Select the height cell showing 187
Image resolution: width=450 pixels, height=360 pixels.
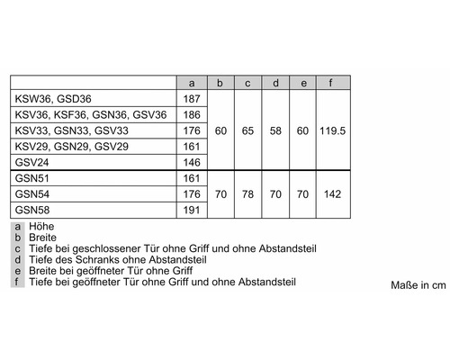(191, 98)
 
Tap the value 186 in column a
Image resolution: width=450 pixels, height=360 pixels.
(191, 114)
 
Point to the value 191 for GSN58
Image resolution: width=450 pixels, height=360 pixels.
(191, 209)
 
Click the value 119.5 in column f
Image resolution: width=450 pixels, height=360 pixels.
(332, 130)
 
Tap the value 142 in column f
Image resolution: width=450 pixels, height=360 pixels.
(332, 193)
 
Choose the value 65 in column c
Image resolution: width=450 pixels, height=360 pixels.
(248, 130)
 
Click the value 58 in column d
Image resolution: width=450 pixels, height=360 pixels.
(276, 130)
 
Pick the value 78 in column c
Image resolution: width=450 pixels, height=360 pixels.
(248, 193)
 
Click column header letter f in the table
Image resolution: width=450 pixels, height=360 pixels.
(332, 83)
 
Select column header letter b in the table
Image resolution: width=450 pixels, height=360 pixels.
(220, 83)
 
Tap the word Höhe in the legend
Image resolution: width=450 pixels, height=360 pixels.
(40, 228)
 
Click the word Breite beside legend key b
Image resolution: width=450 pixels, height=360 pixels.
(43, 238)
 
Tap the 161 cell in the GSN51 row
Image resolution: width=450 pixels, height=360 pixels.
(191, 177)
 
